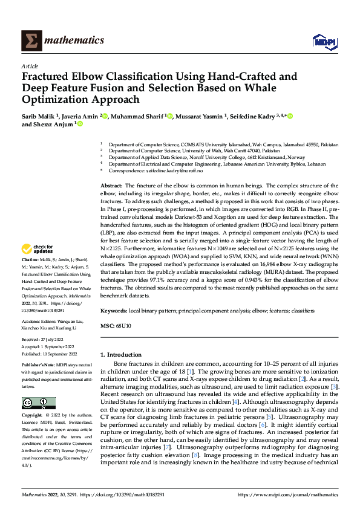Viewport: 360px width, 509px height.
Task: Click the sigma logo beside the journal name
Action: point(30,41)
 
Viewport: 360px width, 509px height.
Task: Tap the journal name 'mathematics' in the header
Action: point(76,41)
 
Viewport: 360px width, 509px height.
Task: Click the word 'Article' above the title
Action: point(30,66)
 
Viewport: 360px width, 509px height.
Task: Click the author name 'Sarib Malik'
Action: point(39,116)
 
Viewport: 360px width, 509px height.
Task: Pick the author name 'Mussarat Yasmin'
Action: point(198,116)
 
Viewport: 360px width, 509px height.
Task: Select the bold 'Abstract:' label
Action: point(111,184)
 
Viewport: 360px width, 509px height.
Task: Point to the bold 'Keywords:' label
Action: point(114,310)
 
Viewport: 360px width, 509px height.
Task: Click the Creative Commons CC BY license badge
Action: point(39,404)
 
